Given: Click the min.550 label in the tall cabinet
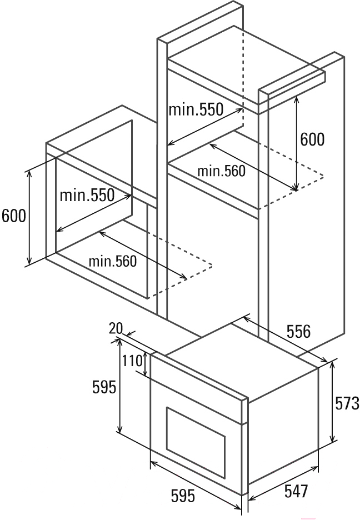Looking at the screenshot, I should (196, 109).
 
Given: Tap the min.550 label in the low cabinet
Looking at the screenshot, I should (87, 195).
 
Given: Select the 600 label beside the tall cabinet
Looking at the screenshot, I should (312, 139).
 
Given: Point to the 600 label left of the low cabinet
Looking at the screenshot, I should (14, 216).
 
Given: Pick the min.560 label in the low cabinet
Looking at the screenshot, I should (112, 261).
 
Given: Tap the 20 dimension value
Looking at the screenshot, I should (116, 328).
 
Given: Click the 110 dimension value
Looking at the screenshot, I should (132, 361).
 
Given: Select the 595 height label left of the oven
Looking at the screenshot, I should (104, 387).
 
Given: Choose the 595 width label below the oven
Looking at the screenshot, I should (183, 496).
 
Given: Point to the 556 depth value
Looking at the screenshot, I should (298, 332).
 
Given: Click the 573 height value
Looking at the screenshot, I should (347, 403).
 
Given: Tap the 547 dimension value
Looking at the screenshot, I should (296, 491).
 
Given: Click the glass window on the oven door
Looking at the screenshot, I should (196, 445).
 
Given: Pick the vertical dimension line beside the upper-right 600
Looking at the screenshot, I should (297, 143).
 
